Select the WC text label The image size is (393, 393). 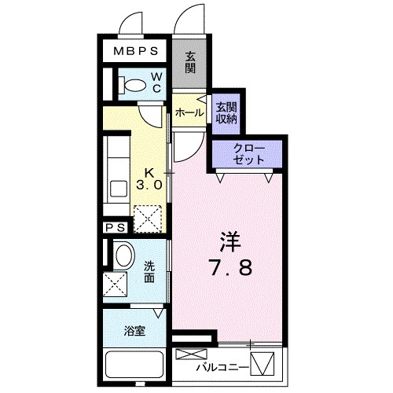point(156,82)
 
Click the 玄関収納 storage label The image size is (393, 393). point(226,112)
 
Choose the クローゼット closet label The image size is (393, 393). point(249,154)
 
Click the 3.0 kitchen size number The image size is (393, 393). point(149,186)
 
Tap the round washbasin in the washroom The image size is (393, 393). point(123,255)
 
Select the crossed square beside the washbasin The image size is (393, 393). point(116,283)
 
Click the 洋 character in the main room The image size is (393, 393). point(229,238)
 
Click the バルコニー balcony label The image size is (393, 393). point(221,368)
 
